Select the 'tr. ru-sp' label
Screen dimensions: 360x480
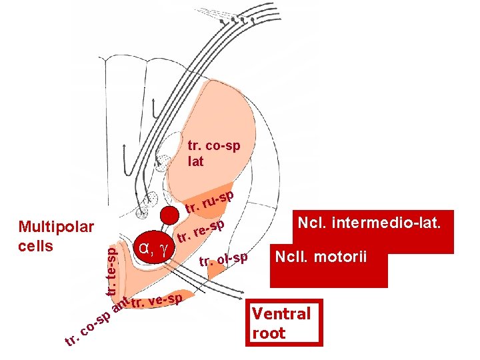(x=209, y=203)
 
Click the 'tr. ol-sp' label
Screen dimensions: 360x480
(x=223, y=259)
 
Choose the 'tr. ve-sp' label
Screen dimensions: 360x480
(x=157, y=302)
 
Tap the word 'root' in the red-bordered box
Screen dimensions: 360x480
(x=269, y=333)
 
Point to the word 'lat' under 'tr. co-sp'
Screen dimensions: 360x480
(x=196, y=161)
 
